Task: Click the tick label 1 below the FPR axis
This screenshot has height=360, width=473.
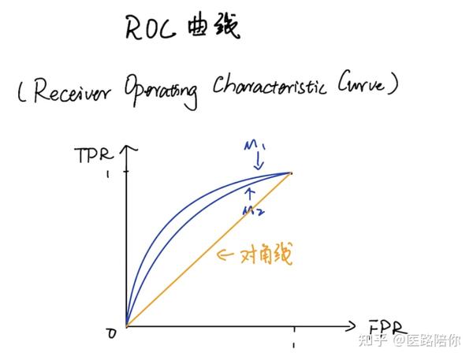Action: tap(293, 344)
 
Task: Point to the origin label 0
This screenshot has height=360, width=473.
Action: tap(111, 332)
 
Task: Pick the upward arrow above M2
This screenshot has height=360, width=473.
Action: tap(251, 192)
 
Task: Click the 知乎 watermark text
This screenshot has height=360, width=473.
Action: tap(373, 340)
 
